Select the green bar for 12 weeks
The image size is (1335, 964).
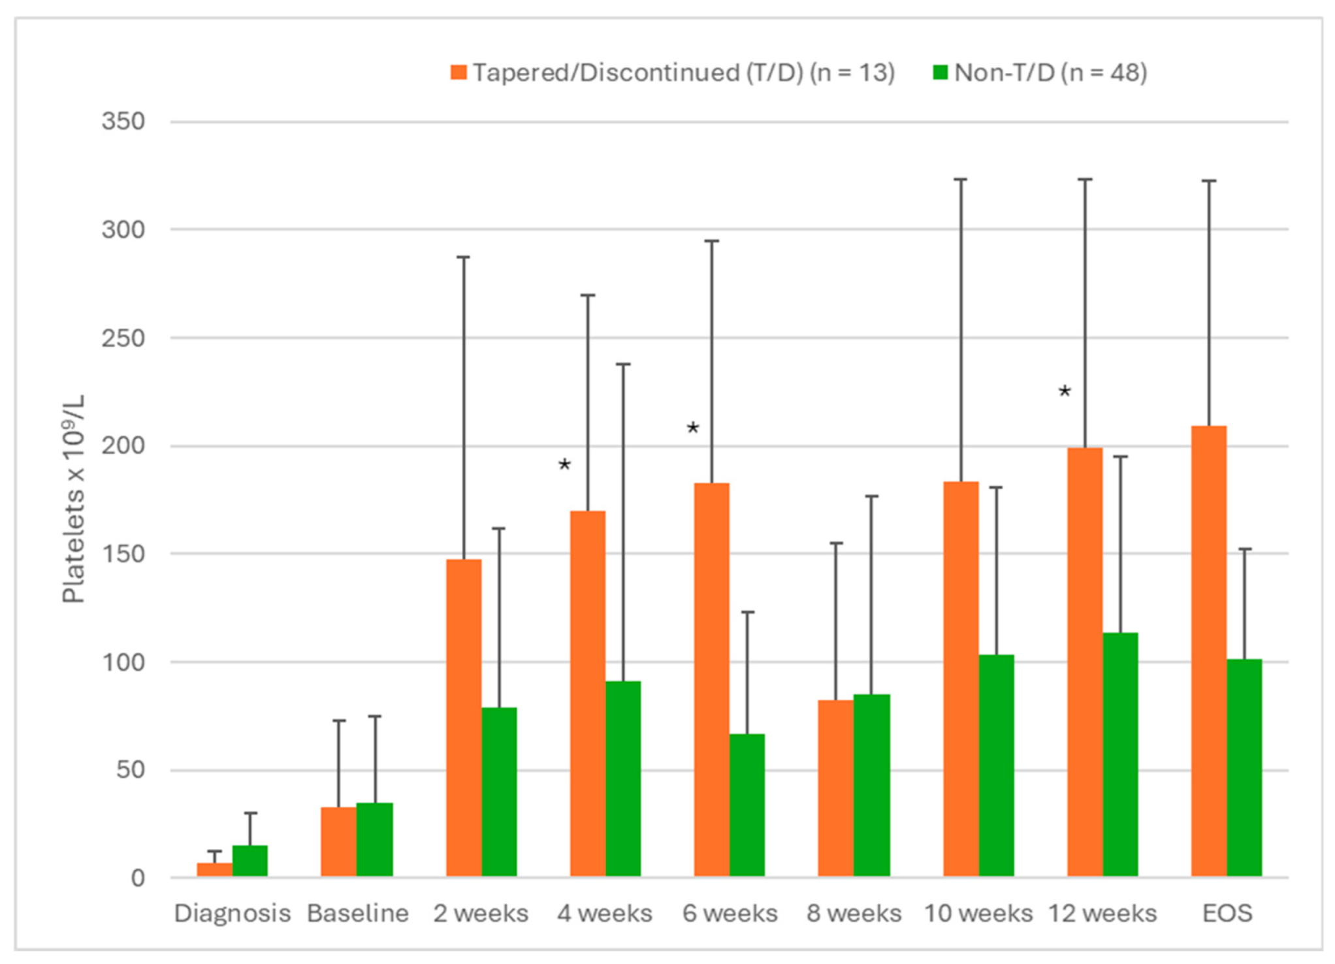point(1120,754)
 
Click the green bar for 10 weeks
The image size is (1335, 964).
point(996,765)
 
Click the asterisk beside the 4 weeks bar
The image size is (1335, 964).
point(564,465)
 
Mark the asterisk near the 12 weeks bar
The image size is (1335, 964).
point(1065,392)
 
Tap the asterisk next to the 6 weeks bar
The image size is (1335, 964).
point(692,428)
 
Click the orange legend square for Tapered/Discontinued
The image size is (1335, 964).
point(458,72)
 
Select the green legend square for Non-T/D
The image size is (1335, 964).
point(941,72)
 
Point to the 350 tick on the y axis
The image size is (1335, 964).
point(123,121)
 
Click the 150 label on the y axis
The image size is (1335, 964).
point(123,554)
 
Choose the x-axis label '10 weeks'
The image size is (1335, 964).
point(978,913)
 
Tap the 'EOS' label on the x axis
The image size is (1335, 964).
point(1227,913)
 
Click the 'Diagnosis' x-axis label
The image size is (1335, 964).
point(233,913)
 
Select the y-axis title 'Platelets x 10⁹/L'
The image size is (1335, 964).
point(74,499)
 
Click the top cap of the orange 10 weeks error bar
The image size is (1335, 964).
point(961,179)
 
